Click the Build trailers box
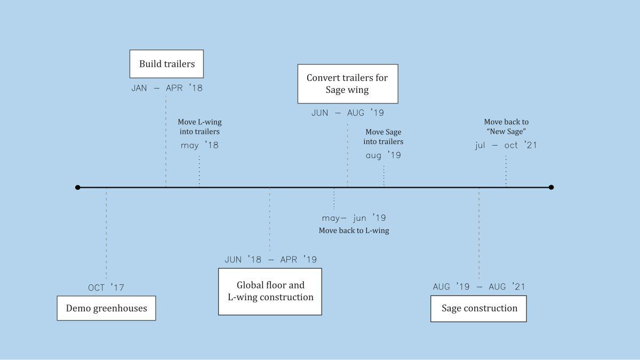(167, 64)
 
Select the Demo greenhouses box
(106, 308)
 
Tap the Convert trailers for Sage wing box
(347, 84)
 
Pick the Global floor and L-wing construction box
(270, 291)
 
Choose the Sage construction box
(478, 308)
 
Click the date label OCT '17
(106, 288)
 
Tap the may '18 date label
(199, 146)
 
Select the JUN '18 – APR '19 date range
(270, 260)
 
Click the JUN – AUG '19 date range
(347, 113)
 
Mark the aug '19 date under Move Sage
(383, 156)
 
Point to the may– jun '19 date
(354, 218)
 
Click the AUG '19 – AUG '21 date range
(478, 287)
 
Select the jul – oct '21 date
(506, 146)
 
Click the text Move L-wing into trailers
(199, 127)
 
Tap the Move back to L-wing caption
(354, 231)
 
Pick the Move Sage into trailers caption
(383, 137)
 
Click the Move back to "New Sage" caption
(506, 127)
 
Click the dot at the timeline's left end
(78, 187)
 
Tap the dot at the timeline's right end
(551, 187)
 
